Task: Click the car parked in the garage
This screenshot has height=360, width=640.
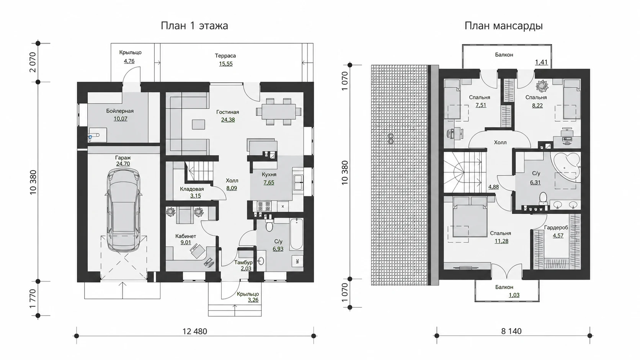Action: (124, 210)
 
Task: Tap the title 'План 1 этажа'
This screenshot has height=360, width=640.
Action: (194, 26)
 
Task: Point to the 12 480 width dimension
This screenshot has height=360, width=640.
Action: (194, 331)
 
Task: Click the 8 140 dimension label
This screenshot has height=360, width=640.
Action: (511, 331)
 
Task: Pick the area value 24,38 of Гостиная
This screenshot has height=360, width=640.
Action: (228, 120)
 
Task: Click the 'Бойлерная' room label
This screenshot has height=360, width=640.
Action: (120, 111)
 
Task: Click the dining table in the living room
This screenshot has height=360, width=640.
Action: (279, 111)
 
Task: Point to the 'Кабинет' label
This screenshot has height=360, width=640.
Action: (186, 236)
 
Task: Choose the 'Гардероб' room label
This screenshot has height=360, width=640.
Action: (556, 228)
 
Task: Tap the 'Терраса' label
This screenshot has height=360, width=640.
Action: (225, 56)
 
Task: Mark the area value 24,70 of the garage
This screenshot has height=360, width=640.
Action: (123, 164)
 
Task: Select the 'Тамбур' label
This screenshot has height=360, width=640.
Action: (243, 262)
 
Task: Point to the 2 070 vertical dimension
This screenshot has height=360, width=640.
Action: (33, 62)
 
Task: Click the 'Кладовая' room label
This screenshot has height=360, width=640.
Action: (192, 189)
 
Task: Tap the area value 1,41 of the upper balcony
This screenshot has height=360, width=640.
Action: (541, 62)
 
